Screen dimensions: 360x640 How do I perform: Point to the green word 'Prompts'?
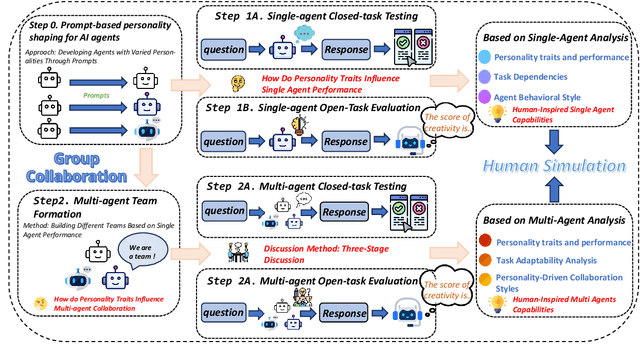click(x=99, y=98)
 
